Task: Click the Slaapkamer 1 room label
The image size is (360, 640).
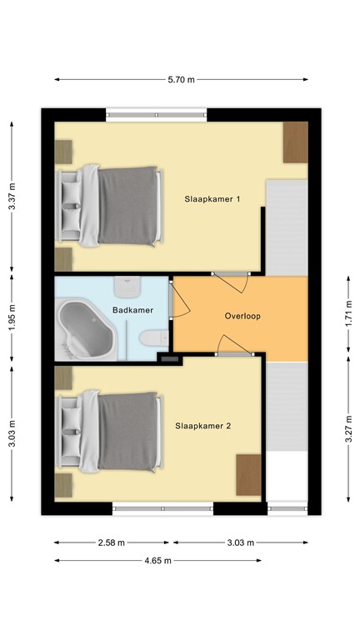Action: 212,199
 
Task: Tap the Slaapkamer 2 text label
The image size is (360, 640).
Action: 203,425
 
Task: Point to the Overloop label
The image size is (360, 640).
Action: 242,317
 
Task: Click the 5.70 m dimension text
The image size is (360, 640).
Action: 181,80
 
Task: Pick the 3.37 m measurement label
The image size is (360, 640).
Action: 12,197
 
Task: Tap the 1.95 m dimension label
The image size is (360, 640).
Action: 12,318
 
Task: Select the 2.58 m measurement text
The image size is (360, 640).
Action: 110,542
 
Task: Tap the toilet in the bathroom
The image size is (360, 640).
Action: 151,338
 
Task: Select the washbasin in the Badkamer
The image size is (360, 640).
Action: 127,287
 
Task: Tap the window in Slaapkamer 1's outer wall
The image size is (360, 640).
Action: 156,114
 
